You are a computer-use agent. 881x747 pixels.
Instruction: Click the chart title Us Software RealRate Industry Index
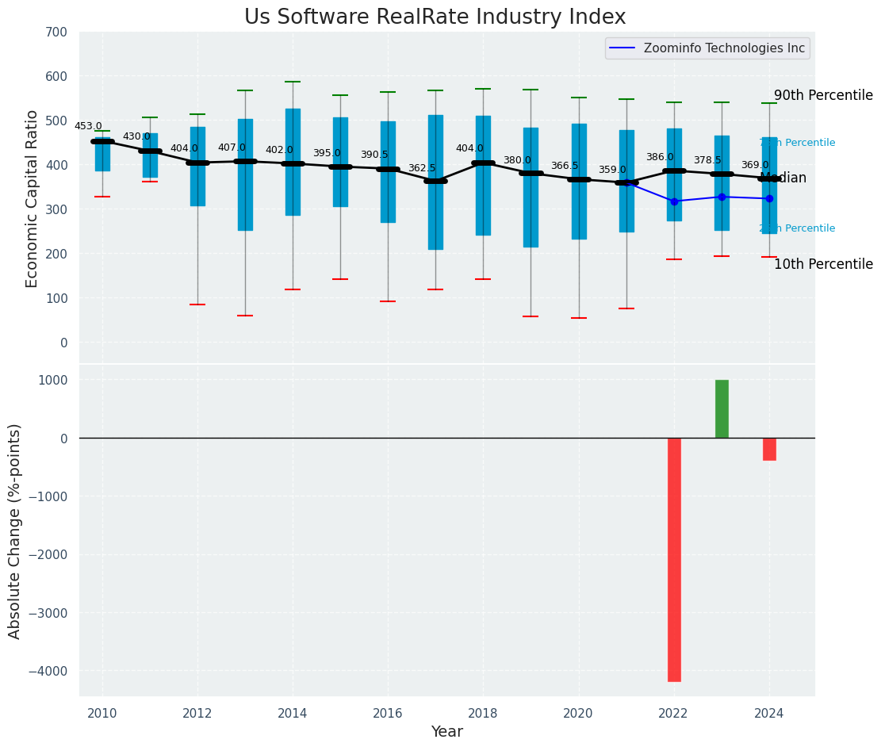[x=435, y=17]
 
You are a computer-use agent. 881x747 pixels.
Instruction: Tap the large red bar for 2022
[x=674, y=559]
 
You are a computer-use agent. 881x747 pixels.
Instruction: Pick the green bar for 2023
[x=722, y=408]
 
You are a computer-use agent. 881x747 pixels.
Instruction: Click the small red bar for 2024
[x=769, y=449]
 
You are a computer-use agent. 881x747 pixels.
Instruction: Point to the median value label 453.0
[x=88, y=126]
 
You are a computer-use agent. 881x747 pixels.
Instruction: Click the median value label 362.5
[x=422, y=168]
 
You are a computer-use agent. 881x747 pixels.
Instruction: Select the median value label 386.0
[x=660, y=157]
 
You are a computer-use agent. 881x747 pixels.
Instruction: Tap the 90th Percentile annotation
[x=823, y=95]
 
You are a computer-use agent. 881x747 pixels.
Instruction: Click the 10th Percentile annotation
[x=823, y=264]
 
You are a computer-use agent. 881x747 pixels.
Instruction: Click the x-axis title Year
[x=446, y=732]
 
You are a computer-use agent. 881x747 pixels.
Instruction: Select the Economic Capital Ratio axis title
[x=33, y=198]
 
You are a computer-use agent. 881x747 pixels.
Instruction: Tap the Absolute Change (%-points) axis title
[x=15, y=531]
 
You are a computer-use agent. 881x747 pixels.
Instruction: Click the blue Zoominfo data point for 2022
[x=674, y=201]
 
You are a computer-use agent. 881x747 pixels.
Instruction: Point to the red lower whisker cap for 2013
[x=245, y=316]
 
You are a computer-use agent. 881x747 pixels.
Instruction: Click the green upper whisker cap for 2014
[x=293, y=82]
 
